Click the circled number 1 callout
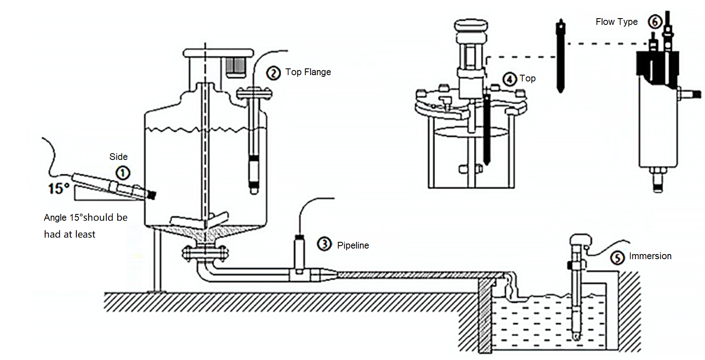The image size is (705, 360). pyautogui.click(x=123, y=173)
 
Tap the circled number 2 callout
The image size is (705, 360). pyautogui.click(x=273, y=73)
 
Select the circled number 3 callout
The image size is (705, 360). pyautogui.click(x=324, y=244)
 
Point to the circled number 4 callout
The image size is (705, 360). pyautogui.click(x=510, y=79)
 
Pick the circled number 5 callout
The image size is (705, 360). pyautogui.click(x=617, y=257)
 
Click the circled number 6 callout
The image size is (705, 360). pyautogui.click(x=655, y=22)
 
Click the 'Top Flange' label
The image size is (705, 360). pyautogui.click(x=308, y=72)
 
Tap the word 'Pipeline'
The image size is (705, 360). pyautogui.click(x=353, y=246)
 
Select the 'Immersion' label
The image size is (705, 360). pyautogui.click(x=650, y=256)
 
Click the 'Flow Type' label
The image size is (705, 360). pyautogui.click(x=616, y=22)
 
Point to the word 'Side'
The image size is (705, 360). pyautogui.click(x=118, y=157)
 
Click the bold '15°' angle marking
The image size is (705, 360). pyautogui.click(x=59, y=188)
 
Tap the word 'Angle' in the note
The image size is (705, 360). pyautogui.click(x=55, y=218)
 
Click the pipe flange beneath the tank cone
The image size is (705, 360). pyautogui.click(x=205, y=253)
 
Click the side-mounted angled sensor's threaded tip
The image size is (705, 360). pyautogui.click(x=151, y=195)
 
